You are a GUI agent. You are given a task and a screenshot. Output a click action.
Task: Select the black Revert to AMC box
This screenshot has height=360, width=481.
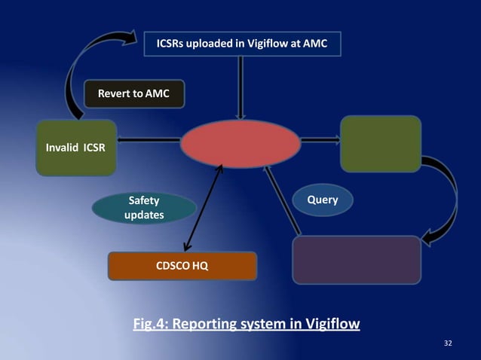coord(133,93)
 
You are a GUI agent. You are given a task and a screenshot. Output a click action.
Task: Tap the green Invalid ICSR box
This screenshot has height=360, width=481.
coord(75,147)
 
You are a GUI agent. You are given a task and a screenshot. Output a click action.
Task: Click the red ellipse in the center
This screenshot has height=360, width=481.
coord(240,143)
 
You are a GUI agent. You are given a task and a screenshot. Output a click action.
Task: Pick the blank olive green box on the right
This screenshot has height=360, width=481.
coord(380,143)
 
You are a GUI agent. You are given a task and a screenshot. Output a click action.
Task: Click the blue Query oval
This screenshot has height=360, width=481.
coord(322,200)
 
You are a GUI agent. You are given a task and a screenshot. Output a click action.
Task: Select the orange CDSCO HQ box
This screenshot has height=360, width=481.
coord(182,266)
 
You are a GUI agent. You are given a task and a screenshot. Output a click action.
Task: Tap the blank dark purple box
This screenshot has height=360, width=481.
coord(356,260)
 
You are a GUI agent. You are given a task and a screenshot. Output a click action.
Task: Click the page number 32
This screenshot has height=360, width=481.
coord(449,343)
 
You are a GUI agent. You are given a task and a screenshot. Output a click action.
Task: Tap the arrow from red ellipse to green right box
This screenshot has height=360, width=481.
coord(320,139)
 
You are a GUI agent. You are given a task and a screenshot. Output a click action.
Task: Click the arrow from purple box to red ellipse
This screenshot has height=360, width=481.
coord(282,200)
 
